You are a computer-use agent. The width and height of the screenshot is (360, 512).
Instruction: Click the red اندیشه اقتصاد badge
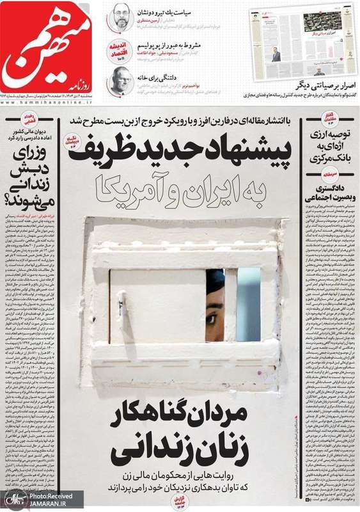pyautogui.click(x=120, y=52)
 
